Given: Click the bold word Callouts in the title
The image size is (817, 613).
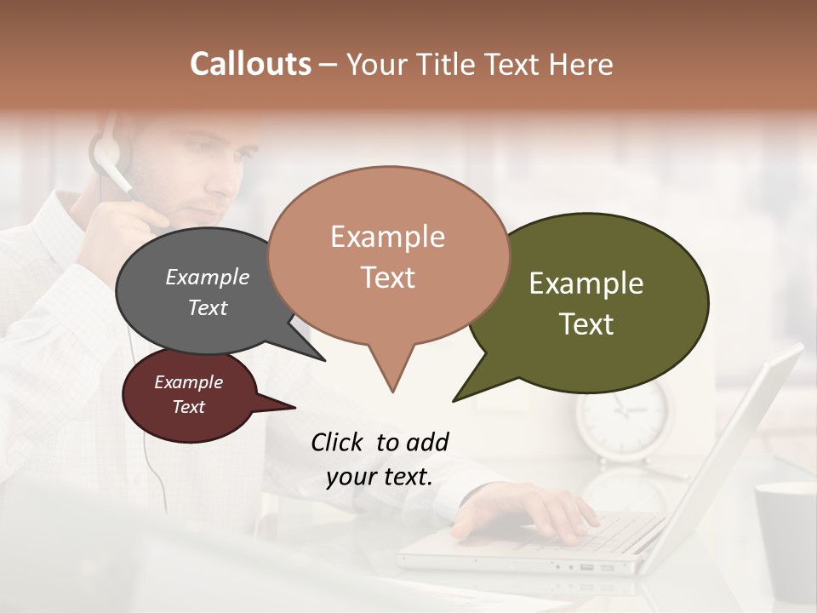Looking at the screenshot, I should tap(250, 64).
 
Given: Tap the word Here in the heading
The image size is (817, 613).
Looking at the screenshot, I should tap(583, 65).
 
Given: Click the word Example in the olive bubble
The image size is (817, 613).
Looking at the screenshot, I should tap(586, 284).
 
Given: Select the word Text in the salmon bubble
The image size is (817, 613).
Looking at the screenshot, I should tap(388, 278).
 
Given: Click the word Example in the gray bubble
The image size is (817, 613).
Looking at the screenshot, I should tap(208, 278).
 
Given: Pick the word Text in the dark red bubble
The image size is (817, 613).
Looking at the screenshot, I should tap(189, 407).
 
